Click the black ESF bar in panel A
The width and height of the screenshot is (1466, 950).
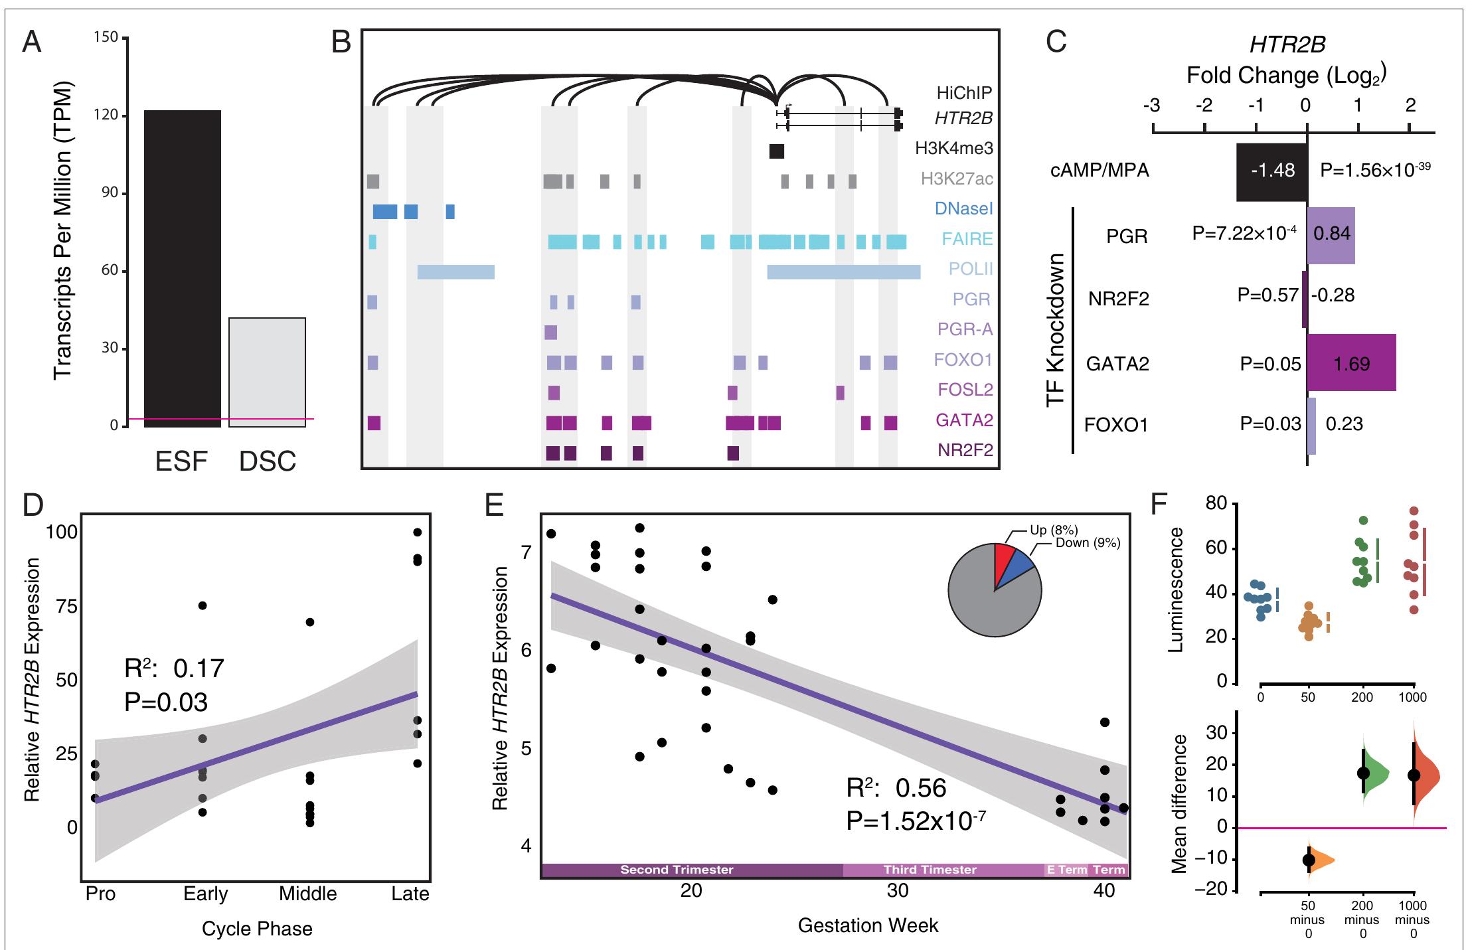click(183, 268)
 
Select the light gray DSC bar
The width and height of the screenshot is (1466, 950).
click(267, 372)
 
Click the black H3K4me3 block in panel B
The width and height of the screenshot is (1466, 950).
click(776, 151)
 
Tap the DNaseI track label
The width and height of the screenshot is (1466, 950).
click(963, 208)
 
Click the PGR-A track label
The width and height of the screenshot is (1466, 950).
click(965, 329)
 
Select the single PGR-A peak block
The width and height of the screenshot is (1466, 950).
click(550, 332)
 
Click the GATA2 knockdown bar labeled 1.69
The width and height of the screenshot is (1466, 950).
click(1351, 362)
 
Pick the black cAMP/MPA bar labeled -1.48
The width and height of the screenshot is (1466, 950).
click(1271, 171)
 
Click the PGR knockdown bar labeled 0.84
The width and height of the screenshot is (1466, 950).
click(1331, 235)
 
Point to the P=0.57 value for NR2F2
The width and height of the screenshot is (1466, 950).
click(1267, 295)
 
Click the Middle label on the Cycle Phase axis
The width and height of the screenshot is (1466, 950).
click(307, 894)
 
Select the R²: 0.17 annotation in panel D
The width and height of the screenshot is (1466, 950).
click(175, 667)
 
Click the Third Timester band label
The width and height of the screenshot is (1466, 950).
click(930, 870)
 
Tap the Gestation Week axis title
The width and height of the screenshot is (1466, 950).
click(868, 925)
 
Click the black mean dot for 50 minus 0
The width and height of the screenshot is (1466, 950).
click(1309, 860)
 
